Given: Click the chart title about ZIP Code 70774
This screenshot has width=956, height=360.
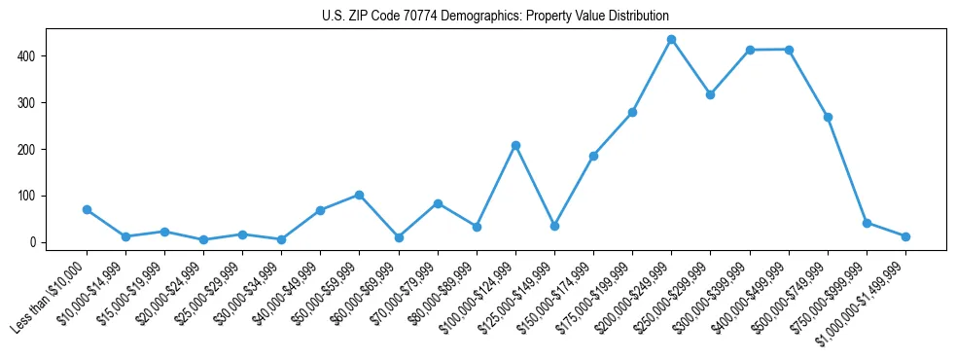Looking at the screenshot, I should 495,17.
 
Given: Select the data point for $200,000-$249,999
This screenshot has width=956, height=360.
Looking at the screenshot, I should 671,40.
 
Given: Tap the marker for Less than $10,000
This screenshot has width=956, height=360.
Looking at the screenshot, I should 87,209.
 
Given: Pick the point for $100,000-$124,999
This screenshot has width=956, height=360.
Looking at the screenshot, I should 515,145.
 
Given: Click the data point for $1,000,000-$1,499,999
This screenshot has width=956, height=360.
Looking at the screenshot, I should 905,236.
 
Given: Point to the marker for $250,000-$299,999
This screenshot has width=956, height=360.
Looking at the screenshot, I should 710,94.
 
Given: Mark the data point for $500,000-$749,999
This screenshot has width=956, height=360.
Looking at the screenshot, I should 828,117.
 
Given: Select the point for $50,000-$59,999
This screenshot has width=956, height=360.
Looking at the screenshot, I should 359,195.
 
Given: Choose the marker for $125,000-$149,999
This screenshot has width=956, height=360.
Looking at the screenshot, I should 554,226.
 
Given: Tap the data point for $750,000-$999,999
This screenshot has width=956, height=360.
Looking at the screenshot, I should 867,223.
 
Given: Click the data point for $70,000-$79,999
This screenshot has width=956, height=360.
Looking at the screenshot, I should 438,203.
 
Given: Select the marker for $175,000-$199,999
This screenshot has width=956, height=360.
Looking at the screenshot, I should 632,112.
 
